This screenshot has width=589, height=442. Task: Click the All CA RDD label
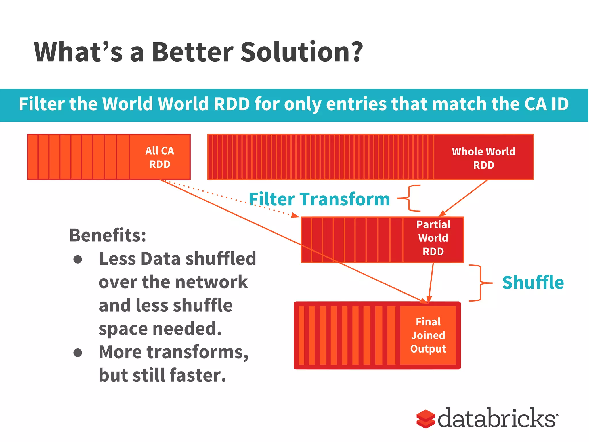160,157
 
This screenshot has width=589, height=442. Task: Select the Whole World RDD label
483,158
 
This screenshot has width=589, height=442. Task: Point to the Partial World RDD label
433,238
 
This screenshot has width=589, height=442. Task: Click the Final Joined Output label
428,335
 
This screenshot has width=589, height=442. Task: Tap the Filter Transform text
319,199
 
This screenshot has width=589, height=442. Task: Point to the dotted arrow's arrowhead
295,216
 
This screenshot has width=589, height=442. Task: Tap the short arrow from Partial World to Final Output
431,282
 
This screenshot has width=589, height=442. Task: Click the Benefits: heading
108,235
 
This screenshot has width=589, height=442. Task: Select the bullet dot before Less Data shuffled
78,259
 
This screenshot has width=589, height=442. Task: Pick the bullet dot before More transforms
78,353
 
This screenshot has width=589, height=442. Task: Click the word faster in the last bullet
198,376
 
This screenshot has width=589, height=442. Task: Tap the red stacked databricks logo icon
425,419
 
